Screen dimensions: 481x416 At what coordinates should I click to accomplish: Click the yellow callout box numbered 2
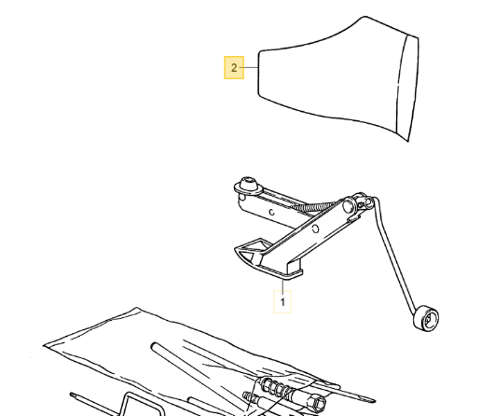click(x=234, y=67)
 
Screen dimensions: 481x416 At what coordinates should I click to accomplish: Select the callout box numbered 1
click(x=282, y=301)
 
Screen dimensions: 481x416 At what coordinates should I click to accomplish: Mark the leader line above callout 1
click(x=282, y=284)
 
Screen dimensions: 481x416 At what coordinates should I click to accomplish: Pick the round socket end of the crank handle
click(x=426, y=319)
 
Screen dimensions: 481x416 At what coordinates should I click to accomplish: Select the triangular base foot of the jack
click(x=252, y=251)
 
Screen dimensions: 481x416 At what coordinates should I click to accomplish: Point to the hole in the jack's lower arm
click(x=315, y=229)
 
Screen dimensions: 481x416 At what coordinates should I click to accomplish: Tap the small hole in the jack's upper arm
click(x=272, y=213)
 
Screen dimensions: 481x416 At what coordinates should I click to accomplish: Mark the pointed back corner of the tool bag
click(x=136, y=308)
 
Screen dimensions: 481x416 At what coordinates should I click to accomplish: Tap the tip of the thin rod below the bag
click(x=72, y=395)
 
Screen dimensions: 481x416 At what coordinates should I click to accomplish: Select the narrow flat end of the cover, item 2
click(x=258, y=72)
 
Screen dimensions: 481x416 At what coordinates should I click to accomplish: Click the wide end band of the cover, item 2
click(x=407, y=89)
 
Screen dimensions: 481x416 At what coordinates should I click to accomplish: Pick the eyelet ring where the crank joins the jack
click(x=368, y=203)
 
